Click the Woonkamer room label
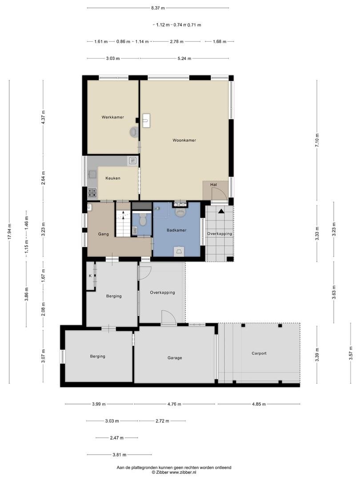point(184,140)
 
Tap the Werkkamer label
point(112,117)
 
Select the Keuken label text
point(112,178)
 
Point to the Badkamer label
point(176,230)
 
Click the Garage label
point(175,357)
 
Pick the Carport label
point(259,353)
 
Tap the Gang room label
point(103,234)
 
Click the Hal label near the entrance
point(213,185)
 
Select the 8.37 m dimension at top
point(158,8)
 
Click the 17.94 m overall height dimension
point(9,232)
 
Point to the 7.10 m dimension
point(317,140)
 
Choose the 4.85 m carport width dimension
point(259,404)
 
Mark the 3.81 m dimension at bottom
point(120,455)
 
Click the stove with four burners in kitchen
point(92,192)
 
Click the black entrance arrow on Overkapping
point(221,211)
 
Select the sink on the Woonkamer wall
point(146,120)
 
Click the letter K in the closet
point(90,276)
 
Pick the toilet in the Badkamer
point(180,212)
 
